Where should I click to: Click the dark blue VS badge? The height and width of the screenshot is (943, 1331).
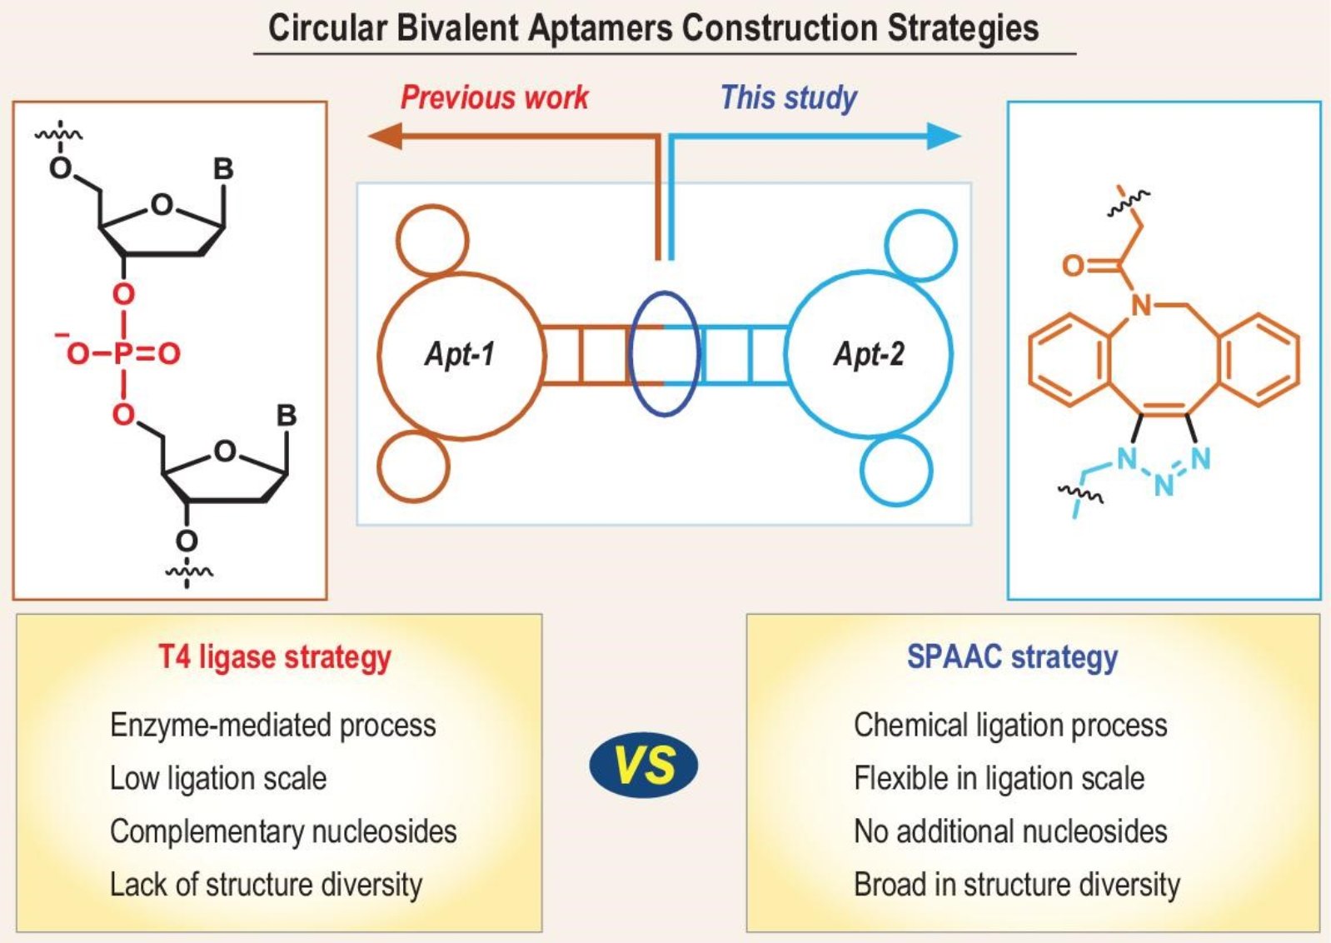[643, 766]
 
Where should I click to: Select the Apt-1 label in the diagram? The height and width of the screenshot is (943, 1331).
[460, 354]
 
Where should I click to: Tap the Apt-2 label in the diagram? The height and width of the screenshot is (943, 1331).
[869, 354]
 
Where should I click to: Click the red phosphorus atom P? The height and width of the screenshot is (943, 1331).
[123, 354]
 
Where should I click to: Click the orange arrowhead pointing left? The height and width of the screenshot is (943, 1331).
[385, 135]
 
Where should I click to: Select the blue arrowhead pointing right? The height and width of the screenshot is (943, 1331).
[945, 136]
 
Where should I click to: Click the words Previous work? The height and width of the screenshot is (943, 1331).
[495, 97]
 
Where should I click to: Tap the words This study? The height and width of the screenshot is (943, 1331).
[788, 97]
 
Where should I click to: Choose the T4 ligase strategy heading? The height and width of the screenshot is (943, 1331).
[275, 657]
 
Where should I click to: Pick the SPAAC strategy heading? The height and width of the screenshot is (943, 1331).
[1012, 657]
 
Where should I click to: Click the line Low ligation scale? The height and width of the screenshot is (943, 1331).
[218, 778]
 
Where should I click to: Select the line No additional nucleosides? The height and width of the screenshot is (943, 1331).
[1010, 831]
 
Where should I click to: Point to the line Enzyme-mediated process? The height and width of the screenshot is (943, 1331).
[272, 725]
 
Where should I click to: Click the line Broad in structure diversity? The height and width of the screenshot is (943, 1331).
[1017, 885]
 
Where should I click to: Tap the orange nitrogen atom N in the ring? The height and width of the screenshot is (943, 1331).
[1141, 306]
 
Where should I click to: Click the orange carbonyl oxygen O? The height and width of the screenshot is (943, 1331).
[1074, 266]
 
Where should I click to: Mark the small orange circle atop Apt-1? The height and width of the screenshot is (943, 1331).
[432, 240]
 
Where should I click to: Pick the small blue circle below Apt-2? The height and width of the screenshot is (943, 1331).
[896, 471]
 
